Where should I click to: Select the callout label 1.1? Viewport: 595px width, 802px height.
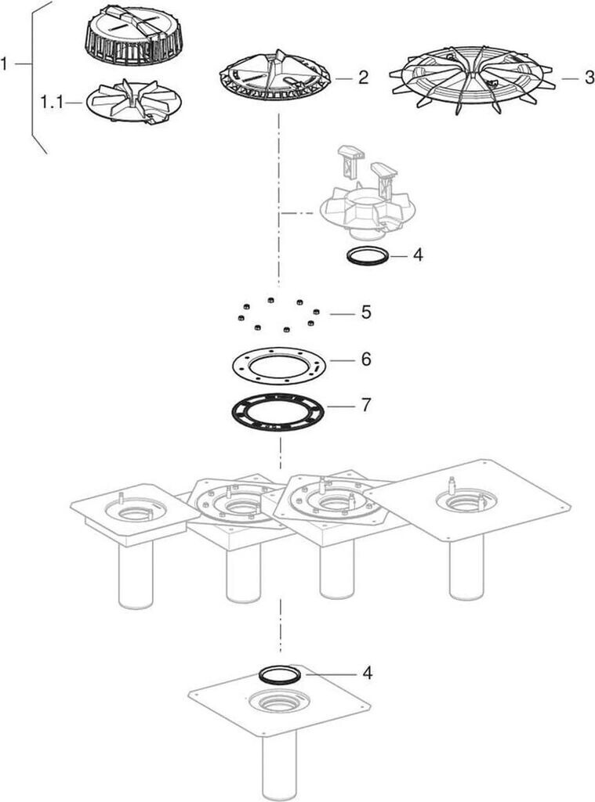click(51, 103)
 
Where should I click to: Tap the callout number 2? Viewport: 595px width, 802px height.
click(363, 78)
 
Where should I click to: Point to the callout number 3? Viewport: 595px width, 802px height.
click(589, 78)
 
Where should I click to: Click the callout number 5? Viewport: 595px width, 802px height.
click(365, 312)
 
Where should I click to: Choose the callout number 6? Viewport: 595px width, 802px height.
click(365, 359)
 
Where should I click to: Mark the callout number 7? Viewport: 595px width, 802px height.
click(365, 406)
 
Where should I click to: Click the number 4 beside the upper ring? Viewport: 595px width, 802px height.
click(418, 255)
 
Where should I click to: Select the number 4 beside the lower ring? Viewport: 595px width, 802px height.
click(367, 674)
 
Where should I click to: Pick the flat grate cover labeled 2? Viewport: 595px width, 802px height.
click(274, 75)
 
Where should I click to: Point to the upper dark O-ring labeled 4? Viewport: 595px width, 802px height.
click(348, 256)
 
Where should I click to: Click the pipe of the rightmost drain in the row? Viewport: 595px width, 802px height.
click(466, 568)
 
